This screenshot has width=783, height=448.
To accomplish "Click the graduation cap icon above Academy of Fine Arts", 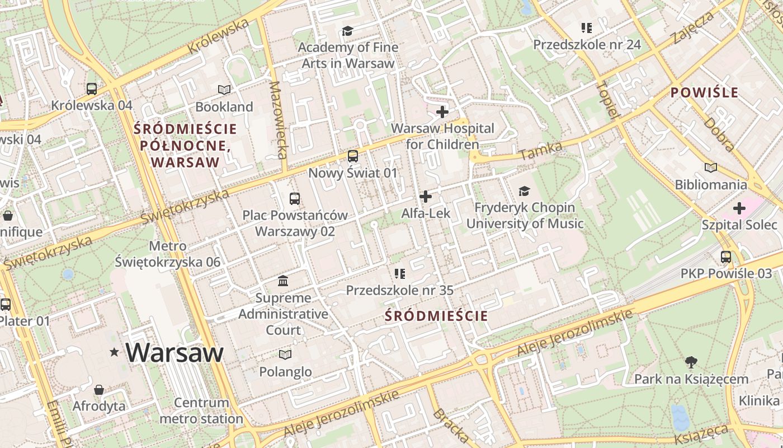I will pos(348,31).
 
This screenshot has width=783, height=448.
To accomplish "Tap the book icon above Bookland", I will pos(224,90).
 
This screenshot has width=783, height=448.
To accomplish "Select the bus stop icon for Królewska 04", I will pos(92,88).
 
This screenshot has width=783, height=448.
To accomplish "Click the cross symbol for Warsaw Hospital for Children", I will pos(442,112).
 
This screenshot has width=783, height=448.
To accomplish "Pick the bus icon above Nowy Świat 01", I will pos(353,156).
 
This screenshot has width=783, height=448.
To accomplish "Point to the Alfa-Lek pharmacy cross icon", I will pos(426,197).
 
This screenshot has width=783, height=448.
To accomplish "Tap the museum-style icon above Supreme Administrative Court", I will pos(283,281).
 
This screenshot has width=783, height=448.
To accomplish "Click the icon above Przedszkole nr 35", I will pos(399,273).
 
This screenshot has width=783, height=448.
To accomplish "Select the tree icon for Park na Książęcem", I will pos(691,362).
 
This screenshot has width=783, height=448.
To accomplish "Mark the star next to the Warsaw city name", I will pos(115,352).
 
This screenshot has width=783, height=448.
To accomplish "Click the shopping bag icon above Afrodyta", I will pos(99,389).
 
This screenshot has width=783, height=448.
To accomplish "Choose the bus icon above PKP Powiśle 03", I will pos(726,257).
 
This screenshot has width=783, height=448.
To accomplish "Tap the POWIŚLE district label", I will pos(704,93).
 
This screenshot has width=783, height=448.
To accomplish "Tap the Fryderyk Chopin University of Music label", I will pos(525,216).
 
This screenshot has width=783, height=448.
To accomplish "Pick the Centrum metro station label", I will pos(201,410).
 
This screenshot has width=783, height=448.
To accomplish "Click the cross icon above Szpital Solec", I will pos(739,208).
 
